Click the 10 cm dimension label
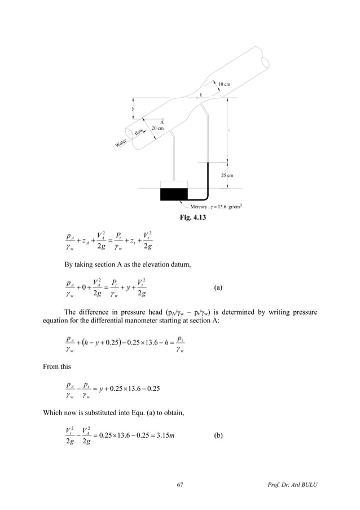coord(224,84)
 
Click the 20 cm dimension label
coord(157,129)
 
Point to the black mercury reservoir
coord(173,194)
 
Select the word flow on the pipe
coord(138,132)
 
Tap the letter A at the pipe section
coord(161,122)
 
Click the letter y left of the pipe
coord(133,108)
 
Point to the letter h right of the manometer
coord(229,130)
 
